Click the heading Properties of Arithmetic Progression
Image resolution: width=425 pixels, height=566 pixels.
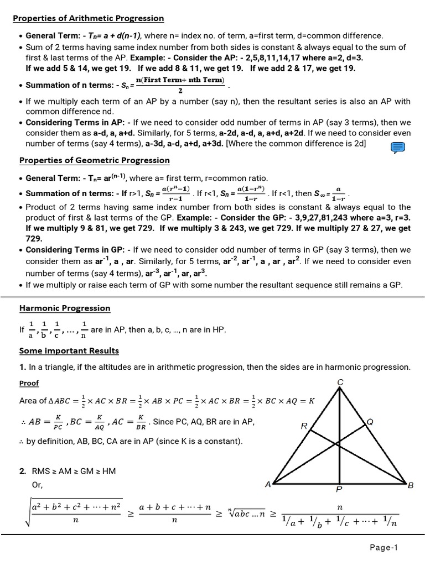pyautogui.click(x=89, y=18)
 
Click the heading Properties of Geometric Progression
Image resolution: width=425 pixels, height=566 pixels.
pyautogui.click(x=95, y=160)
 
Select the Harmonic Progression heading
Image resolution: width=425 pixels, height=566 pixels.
pyautogui.click(x=65, y=308)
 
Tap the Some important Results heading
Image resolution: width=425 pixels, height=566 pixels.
pyautogui.click(x=69, y=350)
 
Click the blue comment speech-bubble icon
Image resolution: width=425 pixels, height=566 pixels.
pyautogui.click(x=398, y=147)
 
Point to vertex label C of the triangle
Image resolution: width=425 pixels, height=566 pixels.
pyautogui.click(x=340, y=382)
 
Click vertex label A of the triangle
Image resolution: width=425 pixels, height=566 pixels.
pyautogui.click(x=268, y=484)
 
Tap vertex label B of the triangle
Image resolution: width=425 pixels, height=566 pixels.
pyautogui.click(x=411, y=485)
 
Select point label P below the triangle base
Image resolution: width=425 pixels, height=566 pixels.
pyautogui.click(x=339, y=489)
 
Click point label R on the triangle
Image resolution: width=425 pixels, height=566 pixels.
pyautogui.click(x=304, y=426)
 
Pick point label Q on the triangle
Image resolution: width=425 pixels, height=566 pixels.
pyautogui.click(x=370, y=422)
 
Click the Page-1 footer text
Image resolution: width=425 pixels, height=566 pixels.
pyautogui.click(x=384, y=548)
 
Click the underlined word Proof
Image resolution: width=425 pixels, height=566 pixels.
pyautogui.click(x=29, y=383)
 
